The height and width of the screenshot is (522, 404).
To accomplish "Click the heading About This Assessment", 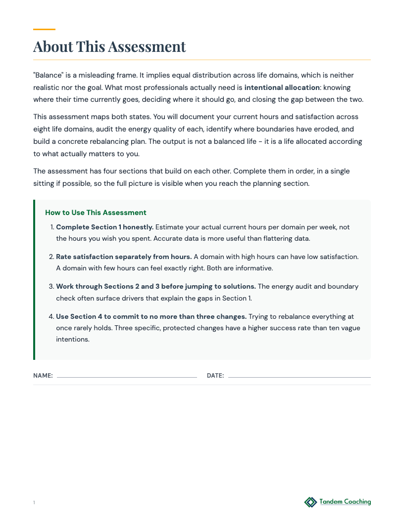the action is [x=109, y=46].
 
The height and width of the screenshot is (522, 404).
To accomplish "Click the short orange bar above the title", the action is [x=44, y=29].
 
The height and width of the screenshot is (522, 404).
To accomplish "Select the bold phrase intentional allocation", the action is [x=282, y=87].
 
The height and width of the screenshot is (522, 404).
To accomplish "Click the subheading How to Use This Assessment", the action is [x=96, y=213].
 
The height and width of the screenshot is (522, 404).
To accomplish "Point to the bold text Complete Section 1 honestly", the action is [x=105, y=227].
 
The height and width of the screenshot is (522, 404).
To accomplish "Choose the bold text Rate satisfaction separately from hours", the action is [x=124, y=257].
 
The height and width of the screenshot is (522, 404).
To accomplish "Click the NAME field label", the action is [x=43, y=376].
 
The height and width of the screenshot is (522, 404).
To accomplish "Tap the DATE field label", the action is [x=215, y=376].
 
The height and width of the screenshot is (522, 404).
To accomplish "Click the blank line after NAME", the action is [x=127, y=377].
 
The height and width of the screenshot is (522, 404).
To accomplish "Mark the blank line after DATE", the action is [x=299, y=377].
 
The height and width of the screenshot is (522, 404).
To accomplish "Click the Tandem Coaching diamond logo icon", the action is [x=310, y=502].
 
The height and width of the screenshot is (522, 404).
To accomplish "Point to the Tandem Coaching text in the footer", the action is [x=345, y=502].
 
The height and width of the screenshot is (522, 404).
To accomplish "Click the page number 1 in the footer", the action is [x=34, y=503].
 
